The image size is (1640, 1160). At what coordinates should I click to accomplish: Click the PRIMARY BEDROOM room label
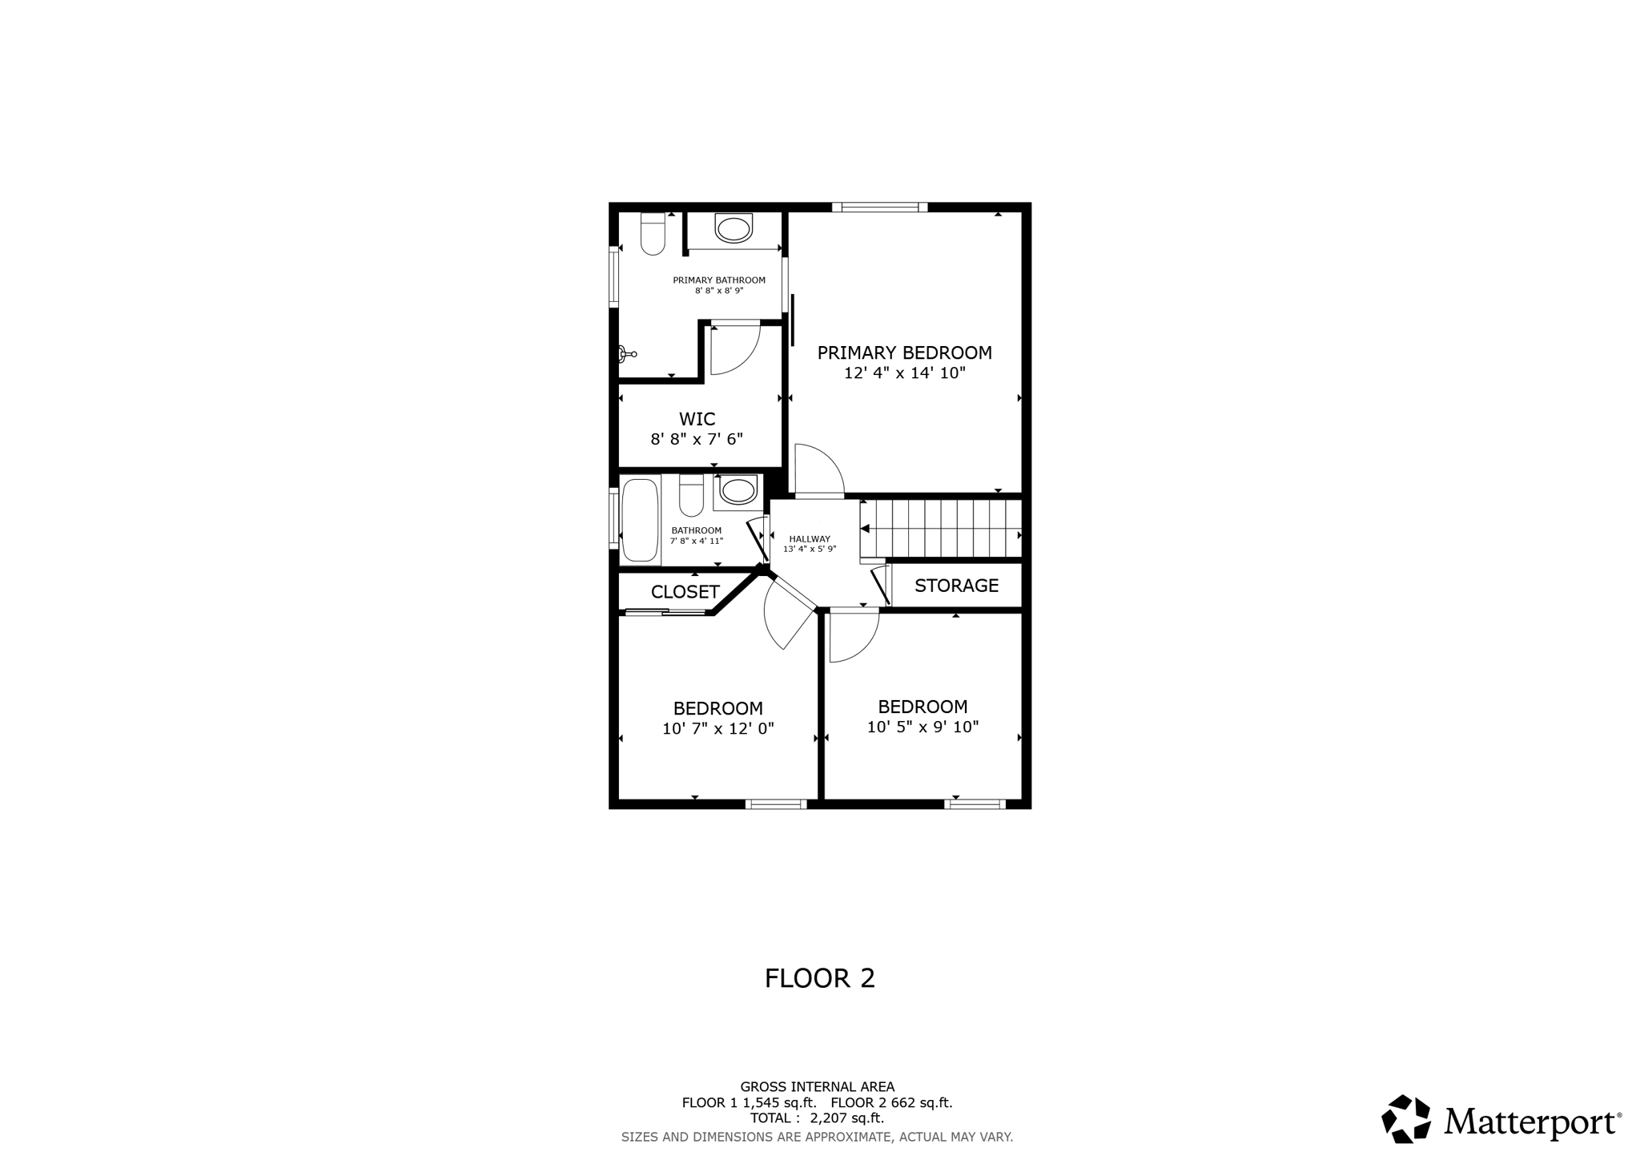coord(904,352)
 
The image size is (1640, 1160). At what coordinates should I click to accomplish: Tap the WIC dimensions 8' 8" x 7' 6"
coord(697,439)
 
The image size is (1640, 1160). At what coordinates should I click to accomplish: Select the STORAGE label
coord(956,586)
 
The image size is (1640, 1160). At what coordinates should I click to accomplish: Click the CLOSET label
coord(685,592)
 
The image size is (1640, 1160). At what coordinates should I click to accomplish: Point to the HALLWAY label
coord(810,539)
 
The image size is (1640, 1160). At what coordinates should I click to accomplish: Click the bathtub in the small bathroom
coord(640,520)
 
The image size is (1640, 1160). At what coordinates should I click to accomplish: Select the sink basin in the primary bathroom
coord(734,228)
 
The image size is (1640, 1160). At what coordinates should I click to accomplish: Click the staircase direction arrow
coord(865,529)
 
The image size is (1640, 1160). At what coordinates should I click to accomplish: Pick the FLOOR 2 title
coord(819,978)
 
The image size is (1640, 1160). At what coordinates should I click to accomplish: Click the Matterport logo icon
coord(1406,1118)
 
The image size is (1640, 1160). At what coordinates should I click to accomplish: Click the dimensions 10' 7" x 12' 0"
coord(717,729)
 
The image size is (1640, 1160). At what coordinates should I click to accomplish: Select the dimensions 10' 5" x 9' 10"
coord(922,727)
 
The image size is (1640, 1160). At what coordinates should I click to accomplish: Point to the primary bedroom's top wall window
coord(879,207)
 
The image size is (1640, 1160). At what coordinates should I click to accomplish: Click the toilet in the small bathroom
coord(691,495)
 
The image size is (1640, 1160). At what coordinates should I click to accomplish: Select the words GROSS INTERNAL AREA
coord(817,1087)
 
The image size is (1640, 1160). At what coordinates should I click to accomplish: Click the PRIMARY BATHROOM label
coord(718,280)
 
